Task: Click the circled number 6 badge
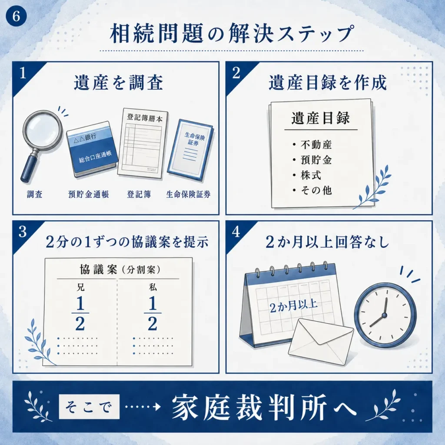click(16, 16)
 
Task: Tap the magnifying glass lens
click(43, 130)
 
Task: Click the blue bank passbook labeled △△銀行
click(92, 149)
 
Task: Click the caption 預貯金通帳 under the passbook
click(89, 194)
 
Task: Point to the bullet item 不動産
click(316, 145)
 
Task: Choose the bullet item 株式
click(311, 176)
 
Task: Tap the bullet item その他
click(316, 190)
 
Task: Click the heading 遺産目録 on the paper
click(321, 118)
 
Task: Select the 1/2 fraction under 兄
click(80, 313)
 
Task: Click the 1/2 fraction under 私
click(153, 313)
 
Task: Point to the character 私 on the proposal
click(153, 288)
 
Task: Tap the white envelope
click(321, 342)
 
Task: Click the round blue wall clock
click(385, 315)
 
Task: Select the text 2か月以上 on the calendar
click(293, 306)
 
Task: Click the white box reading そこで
click(89, 407)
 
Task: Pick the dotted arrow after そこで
click(143, 407)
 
